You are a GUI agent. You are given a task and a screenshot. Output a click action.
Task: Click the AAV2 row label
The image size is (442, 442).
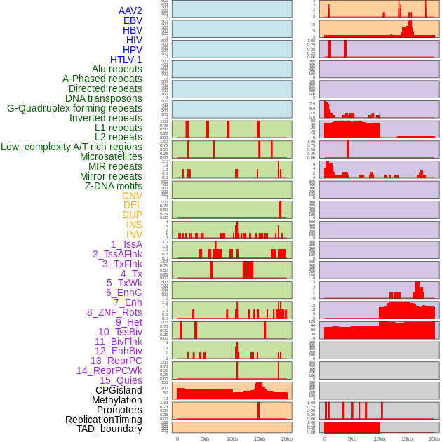point(130,11)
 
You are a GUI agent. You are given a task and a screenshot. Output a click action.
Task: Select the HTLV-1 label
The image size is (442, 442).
point(126,60)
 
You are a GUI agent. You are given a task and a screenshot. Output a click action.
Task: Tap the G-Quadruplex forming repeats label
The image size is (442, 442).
point(74,109)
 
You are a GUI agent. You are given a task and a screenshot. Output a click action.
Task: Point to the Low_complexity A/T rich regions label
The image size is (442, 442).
point(72,147)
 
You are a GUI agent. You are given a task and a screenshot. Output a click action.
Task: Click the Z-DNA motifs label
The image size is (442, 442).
point(114,186)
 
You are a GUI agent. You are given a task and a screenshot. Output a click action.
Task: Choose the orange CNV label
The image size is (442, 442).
point(132,196)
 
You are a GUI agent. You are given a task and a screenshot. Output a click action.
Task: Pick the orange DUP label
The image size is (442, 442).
point(132,215)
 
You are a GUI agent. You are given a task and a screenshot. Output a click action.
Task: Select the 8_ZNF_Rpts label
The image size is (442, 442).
point(114,312)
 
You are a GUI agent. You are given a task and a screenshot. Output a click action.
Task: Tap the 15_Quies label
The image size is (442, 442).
point(121,380)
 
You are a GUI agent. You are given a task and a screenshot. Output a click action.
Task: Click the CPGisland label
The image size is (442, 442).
point(119,390)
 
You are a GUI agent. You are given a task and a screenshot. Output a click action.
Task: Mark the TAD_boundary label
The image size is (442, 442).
point(109,429)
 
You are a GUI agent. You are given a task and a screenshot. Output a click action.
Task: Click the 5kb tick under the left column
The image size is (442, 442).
point(205,438)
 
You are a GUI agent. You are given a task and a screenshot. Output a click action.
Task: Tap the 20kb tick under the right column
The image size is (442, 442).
point(434,438)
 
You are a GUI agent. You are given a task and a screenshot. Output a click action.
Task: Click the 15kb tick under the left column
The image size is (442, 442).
point(260,438)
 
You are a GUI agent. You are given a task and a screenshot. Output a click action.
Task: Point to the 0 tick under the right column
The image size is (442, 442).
point(324,438)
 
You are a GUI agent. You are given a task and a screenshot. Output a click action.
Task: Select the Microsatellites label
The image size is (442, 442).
point(111,156)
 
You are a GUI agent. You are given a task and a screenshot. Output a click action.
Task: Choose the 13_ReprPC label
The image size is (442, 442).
point(116,361)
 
